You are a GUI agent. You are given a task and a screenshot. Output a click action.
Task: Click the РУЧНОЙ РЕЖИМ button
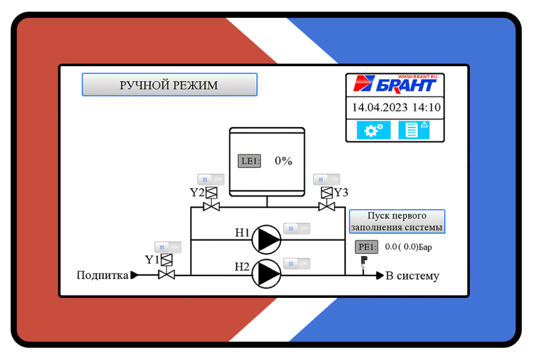click(x=169, y=85)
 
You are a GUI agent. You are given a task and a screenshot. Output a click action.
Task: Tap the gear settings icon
click(x=373, y=130)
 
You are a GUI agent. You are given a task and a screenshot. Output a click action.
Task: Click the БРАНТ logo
click(x=395, y=84)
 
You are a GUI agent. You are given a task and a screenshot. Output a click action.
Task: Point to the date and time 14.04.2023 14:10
click(x=396, y=108)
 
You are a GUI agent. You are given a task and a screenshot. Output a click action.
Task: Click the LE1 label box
click(x=249, y=161)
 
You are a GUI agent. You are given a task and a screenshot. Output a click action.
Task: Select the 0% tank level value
click(x=283, y=161)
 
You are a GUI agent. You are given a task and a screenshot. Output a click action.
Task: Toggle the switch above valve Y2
click(x=211, y=179)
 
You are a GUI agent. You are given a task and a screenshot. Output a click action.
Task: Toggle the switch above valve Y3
click(x=326, y=179)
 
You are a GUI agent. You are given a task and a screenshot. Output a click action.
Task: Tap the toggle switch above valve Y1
click(x=167, y=247)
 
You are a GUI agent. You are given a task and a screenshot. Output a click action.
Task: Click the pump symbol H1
click(x=266, y=239)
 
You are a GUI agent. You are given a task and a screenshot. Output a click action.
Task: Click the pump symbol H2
click(x=266, y=274)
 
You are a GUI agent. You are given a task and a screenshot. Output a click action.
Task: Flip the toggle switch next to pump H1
click(x=297, y=229)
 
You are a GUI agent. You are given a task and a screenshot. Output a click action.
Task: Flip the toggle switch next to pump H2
click(x=297, y=263)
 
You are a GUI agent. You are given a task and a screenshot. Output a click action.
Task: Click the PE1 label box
click(x=366, y=247)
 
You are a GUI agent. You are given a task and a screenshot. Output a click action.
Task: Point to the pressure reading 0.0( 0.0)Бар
click(x=408, y=247)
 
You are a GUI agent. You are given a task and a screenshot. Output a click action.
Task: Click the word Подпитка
click(x=102, y=275)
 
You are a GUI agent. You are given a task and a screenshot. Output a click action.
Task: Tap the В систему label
click(x=412, y=275)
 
